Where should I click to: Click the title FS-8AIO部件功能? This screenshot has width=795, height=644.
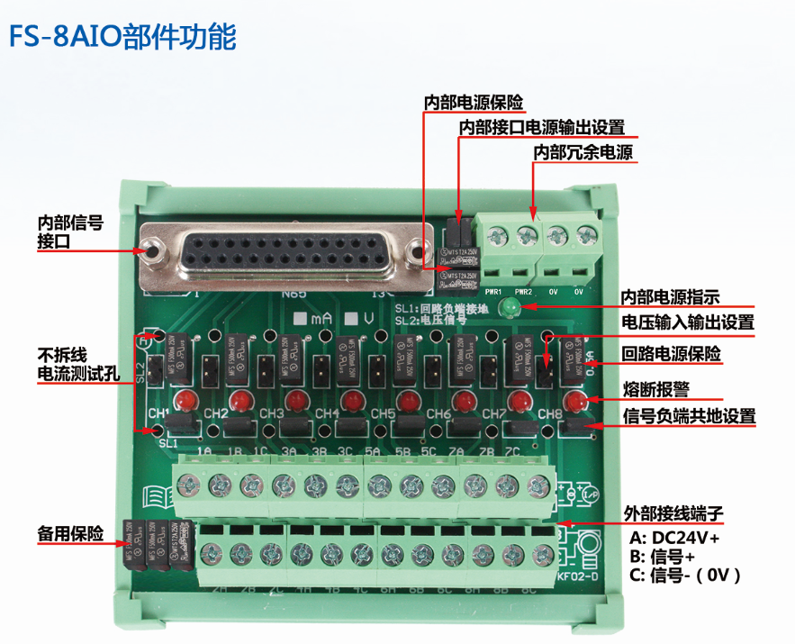click(x=122, y=38)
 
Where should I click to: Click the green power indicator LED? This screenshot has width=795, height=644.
click(x=510, y=309)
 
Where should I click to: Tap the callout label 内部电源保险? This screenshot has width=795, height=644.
click(x=474, y=102)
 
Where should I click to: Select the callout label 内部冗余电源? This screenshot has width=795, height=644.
click(x=583, y=152)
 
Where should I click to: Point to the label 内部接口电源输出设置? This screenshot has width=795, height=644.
click(x=541, y=127)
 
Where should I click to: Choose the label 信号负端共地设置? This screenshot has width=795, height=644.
click(x=689, y=416)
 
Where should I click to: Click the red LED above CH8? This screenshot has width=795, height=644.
click(x=574, y=400)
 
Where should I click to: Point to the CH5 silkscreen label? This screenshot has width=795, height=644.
click(x=383, y=414)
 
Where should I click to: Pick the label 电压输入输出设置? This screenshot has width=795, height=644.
click(x=688, y=322)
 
